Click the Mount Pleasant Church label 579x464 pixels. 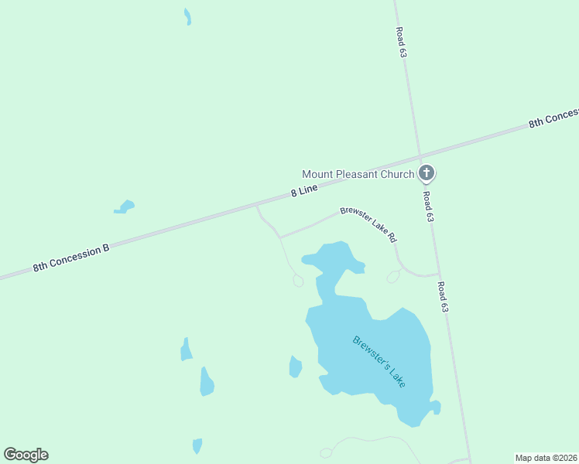[x=358, y=174]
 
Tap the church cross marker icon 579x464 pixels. [x=426, y=172]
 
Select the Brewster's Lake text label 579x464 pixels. [x=379, y=361]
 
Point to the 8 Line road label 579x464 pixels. [x=305, y=190]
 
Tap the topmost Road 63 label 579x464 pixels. [x=400, y=43]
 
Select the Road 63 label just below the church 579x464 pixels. [x=428, y=206]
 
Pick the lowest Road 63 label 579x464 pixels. [x=443, y=296]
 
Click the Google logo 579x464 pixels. [x=26, y=455]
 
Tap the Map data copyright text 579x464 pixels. [x=546, y=458]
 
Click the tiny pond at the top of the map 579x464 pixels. [x=187, y=16]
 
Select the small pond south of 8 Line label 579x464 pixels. [x=124, y=206]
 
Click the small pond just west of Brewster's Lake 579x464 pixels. [x=295, y=367]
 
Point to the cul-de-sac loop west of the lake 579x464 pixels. [x=298, y=281]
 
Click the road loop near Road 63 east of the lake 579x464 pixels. [x=394, y=275]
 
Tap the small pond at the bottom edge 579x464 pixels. [x=197, y=446]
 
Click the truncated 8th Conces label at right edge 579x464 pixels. [x=553, y=118]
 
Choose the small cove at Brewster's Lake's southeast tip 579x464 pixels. [x=436, y=407]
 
